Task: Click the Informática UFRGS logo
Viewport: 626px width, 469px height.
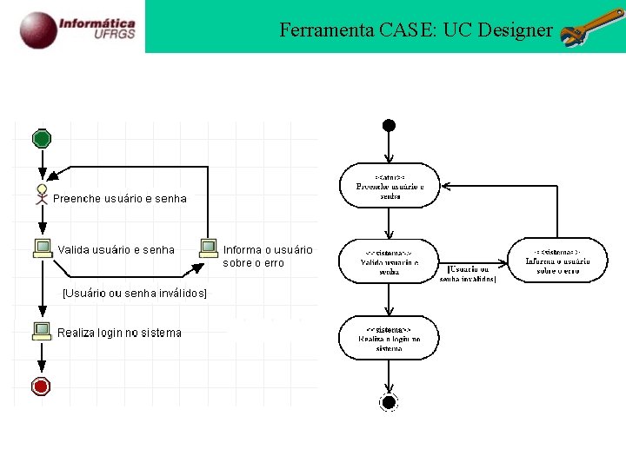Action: (78, 28)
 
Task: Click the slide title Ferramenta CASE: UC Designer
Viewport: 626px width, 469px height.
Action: (416, 30)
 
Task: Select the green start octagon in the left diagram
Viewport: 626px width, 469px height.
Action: (42, 138)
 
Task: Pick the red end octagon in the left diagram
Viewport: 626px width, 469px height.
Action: (41, 386)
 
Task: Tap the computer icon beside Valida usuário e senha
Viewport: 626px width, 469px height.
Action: (42, 248)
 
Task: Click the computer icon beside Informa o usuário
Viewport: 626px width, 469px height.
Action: (209, 248)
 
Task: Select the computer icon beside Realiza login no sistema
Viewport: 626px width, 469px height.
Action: (41, 330)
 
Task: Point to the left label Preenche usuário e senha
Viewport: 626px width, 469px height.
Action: (120, 199)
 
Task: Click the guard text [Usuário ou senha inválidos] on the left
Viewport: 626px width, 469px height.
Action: (135, 294)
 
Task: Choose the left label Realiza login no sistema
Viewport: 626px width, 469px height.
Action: (120, 333)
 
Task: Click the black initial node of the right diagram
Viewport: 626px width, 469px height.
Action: (389, 125)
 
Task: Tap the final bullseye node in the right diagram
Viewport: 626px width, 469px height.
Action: (389, 401)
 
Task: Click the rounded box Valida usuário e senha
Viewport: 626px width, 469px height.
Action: (389, 260)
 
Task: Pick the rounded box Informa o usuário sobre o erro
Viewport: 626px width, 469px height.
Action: (557, 260)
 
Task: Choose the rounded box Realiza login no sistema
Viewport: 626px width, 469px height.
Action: (389, 338)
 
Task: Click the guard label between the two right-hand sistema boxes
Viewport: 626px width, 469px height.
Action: (471, 273)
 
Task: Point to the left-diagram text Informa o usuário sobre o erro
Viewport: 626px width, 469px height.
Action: (267, 256)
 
